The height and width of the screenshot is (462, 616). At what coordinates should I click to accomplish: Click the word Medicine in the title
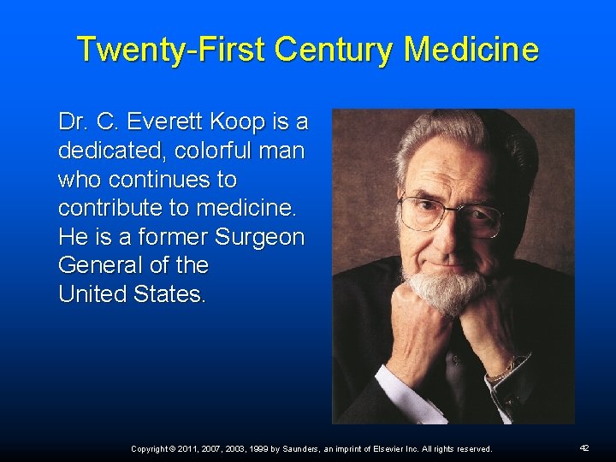[471, 50]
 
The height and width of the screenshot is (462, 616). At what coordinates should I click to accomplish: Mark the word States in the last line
[169, 294]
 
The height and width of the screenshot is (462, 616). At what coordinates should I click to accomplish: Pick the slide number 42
[584, 447]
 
